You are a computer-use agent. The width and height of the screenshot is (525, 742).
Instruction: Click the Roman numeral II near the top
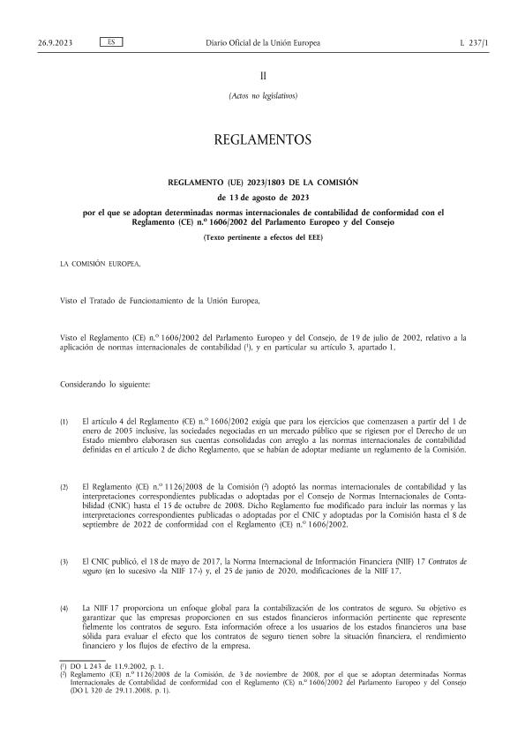[x=262, y=77]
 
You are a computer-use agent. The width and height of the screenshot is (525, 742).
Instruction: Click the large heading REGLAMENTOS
[x=262, y=139]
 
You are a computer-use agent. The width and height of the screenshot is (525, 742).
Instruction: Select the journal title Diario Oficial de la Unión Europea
[x=262, y=42]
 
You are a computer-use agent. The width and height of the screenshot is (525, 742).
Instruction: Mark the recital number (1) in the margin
[x=64, y=423]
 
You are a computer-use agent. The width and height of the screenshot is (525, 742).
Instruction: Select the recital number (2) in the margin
[x=64, y=486]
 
